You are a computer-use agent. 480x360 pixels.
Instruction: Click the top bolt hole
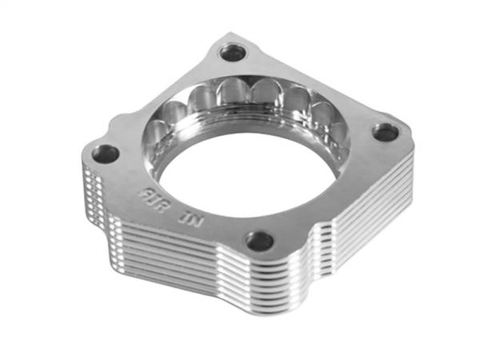coord(234,54)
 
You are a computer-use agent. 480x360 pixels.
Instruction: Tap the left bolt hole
coord(106,153)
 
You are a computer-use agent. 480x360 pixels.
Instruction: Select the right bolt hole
coord(386,132)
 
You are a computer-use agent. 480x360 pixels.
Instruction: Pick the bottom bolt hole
coord(258,240)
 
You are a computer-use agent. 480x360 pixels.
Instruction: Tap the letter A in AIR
coord(144,190)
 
